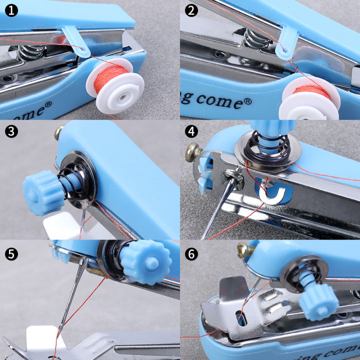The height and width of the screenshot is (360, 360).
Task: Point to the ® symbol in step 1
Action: pos(48,105)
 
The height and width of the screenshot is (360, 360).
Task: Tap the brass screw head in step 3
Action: pos(59,132)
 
